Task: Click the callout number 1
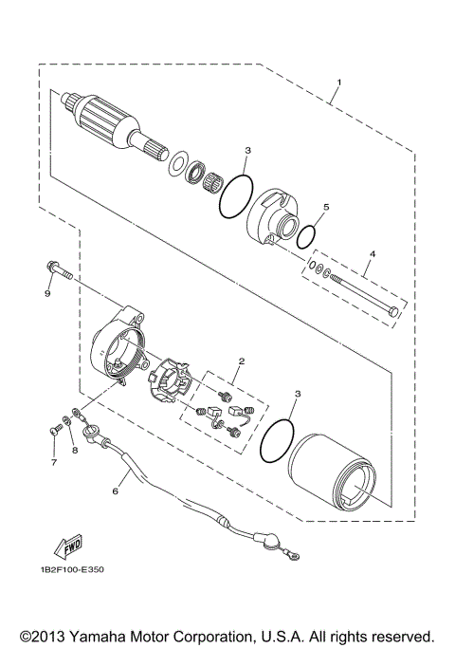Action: (339, 83)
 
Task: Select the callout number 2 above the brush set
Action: (242, 361)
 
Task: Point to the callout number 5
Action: (325, 206)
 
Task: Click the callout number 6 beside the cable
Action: (116, 491)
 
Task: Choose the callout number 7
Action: (54, 462)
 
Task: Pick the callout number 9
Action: (46, 293)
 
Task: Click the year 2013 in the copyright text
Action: (48, 634)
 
